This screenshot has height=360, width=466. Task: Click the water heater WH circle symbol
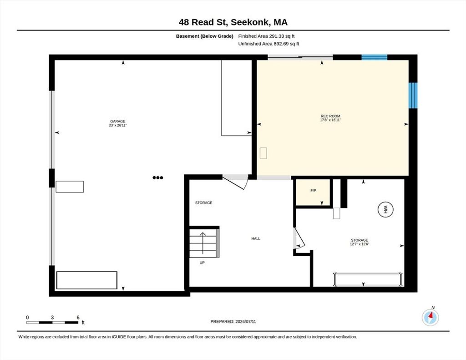tap(385, 209)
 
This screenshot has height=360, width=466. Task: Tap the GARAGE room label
tap(118, 121)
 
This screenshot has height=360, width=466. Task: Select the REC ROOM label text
tap(330, 116)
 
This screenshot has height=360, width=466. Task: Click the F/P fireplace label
tap(313, 191)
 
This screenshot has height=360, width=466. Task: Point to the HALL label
tap(256, 238)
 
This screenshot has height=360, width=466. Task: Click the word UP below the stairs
tap(202, 263)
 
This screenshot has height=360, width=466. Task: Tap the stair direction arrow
tap(203, 243)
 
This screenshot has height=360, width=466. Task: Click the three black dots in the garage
tap(158, 178)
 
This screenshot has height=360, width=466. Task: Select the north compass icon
tap(431, 317)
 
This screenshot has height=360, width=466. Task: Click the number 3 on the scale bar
tap(52, 318)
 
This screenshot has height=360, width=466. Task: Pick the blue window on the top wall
tap(374, 57)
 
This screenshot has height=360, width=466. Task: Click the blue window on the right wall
tap(413, 95)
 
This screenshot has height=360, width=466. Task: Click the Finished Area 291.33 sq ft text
tap(266, 36)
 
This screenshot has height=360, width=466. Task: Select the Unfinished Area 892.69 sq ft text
tap(268, 44)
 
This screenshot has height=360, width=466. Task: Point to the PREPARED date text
tap(233, 322)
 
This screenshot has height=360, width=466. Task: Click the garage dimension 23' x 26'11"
tap(118, 126)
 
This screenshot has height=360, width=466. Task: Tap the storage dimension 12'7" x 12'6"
tap(360, 244)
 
